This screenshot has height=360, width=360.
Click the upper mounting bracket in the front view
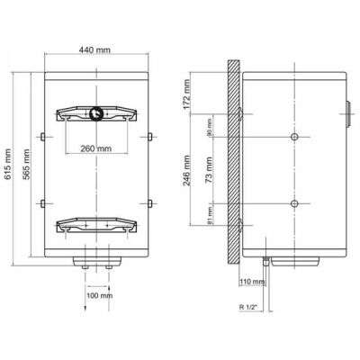(94, 114)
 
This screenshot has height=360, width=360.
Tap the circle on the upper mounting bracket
(95, 113)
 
